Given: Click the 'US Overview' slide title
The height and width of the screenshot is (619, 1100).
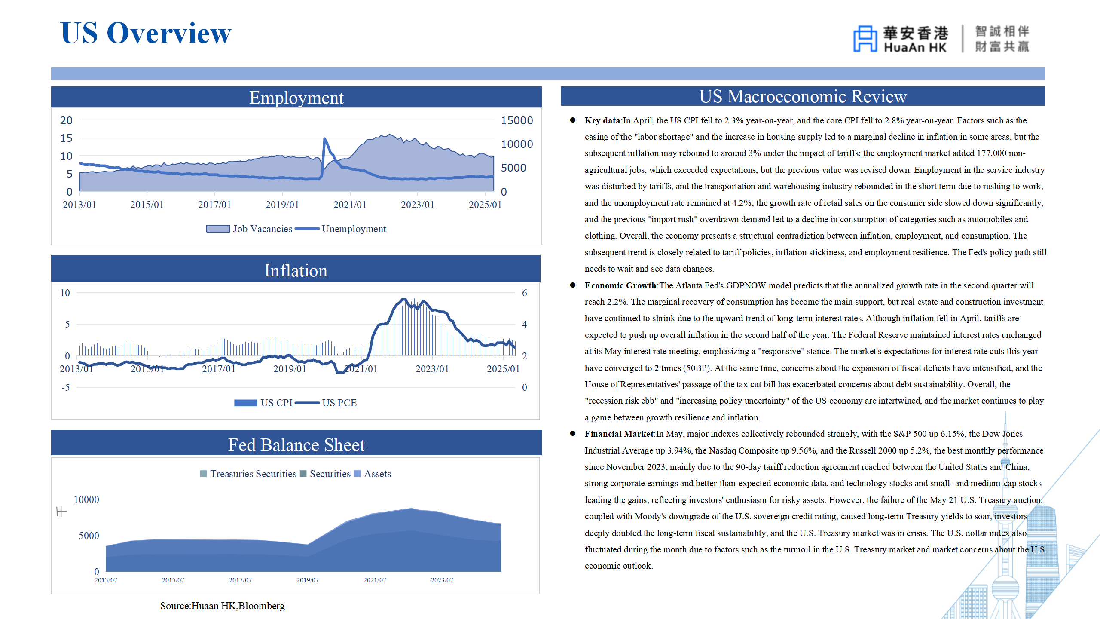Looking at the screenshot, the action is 146,33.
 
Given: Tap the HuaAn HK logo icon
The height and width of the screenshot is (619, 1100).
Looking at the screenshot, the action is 865,39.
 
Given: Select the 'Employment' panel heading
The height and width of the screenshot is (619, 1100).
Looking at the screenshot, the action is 296,98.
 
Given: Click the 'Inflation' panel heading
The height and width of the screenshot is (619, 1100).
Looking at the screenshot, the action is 296,270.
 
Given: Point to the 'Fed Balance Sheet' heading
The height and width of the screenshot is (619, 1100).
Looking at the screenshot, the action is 296,445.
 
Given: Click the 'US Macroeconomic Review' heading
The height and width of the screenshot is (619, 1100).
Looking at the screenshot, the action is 803,96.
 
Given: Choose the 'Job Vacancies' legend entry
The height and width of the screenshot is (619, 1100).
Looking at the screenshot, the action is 249,229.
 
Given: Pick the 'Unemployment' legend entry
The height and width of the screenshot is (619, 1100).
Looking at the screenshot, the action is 340,229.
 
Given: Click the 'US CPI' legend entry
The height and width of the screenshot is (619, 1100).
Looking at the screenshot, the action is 263,403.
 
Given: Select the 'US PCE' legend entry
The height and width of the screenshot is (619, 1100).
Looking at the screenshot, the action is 326,403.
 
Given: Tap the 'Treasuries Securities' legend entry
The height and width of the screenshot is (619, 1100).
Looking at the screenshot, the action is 248,474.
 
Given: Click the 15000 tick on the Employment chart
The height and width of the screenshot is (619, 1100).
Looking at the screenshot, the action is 517,121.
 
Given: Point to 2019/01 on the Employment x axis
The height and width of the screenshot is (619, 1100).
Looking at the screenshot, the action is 282,205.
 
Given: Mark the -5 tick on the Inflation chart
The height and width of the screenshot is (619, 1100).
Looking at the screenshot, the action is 66,387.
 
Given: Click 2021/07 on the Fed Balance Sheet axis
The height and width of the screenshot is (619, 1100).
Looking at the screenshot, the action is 375,580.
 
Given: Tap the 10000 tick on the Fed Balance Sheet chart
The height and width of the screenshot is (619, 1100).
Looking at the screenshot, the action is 86,499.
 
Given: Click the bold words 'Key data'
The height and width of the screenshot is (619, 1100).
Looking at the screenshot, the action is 602,120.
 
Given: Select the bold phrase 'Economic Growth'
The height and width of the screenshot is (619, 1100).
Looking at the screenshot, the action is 620,285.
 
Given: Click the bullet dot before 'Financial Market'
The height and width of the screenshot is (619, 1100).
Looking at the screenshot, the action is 573,434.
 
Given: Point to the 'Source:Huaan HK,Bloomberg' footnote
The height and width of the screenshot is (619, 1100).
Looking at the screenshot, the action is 223,606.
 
